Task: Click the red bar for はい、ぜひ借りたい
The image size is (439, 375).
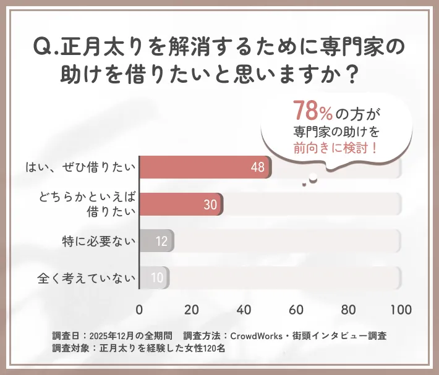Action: click(204, 167)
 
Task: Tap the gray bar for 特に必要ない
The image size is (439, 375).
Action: click(156, 241)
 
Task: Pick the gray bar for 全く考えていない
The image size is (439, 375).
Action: click(154, 278)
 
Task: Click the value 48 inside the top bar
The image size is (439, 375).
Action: click(258, 167)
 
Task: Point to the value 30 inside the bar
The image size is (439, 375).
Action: click(210, 205)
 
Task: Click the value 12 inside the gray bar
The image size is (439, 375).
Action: click(161, 242)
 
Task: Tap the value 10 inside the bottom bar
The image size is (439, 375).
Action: click(157, 279)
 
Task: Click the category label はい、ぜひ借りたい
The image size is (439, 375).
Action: click(80, 167)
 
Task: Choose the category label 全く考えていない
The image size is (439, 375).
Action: click(86, 278)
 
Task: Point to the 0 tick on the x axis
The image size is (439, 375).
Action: click(139, 309)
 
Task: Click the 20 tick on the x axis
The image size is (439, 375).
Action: click(192, 309)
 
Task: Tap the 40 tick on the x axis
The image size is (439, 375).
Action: click(244, 309)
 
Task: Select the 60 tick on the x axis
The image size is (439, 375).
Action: click(297, 309)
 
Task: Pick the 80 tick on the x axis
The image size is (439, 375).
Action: click(349, 309)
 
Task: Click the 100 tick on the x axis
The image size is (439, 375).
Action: click(401, 309)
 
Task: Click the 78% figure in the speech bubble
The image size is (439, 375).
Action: click(313, 112)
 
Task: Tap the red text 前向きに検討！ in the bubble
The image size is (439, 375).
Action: click(336, 148)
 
